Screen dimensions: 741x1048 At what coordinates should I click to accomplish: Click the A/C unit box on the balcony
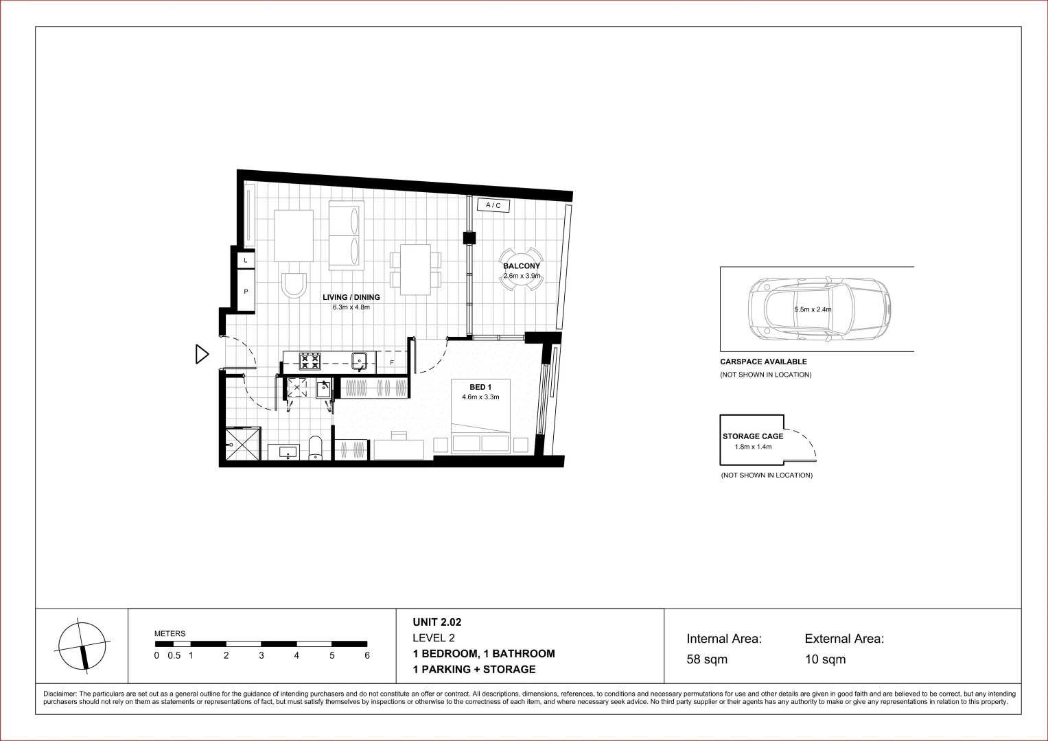[493, 205]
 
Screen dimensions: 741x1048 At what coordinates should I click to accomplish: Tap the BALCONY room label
[522, 266]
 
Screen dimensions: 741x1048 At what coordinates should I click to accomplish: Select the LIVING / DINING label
[351, 298]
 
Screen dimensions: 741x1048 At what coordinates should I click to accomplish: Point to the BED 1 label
[480, 388]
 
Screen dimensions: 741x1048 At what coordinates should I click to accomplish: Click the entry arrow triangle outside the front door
[202, 354]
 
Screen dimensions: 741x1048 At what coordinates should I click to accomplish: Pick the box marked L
[246, 261]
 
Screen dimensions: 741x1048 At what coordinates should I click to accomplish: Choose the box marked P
[246, 292]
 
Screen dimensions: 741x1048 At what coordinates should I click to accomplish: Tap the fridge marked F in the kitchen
[392, 362]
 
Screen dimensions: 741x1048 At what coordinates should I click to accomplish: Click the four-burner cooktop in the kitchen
[310, 361]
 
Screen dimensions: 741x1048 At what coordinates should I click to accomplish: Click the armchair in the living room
[294, 284]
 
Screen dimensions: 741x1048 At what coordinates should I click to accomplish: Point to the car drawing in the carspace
[819, 309]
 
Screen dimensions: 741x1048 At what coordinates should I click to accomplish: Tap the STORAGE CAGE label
[752, 436]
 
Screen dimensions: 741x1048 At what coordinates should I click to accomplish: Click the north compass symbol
[82, 646]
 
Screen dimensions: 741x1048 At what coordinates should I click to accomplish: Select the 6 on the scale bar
[367, 656]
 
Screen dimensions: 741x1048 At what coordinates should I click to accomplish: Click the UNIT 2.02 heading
[437, 623]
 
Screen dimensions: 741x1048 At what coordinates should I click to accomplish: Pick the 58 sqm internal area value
[707, 660]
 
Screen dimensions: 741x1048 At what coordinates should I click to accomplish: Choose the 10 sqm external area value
[825, 660]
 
